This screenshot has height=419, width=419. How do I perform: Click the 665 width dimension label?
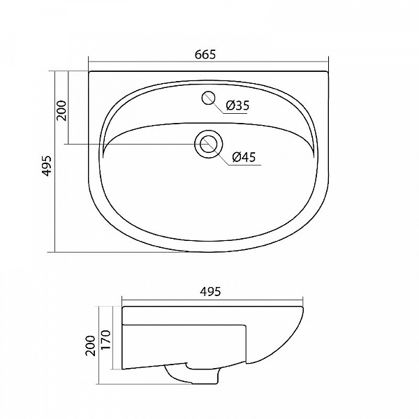pyautogui.click(x=205, y=54)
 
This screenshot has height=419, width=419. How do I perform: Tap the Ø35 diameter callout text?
pyautogui.click(x=237, y=105)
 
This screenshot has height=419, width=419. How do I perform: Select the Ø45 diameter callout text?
pyautogui.click(x=244, y=157)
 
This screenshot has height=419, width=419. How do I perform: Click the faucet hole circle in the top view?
pyautogui.click(x=208, y=98)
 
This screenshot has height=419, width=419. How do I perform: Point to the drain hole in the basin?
pyautogui.click(x=208, y=144)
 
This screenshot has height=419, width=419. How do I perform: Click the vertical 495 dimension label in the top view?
pyautogui.click(x=47, y=166)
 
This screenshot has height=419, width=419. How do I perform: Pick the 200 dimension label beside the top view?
pyautogui.click(x=61, y=110)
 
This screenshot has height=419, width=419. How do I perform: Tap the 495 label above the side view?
pyautogui.click(x=210, y=291)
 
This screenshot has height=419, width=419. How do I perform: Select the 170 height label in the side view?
pyautogui.click(x=106, y=339)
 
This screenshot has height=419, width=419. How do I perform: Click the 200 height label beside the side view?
pyautogui.click(x=91, y=346)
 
